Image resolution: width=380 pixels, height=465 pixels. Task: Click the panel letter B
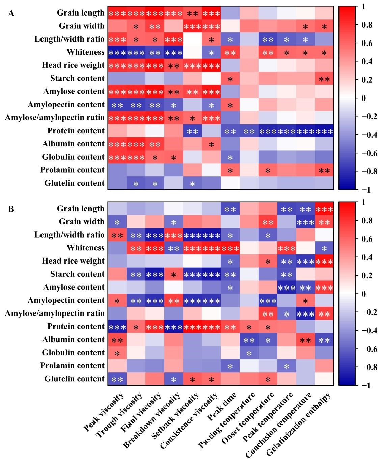click(11, 209)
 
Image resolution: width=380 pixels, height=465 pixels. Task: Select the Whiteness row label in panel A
click(85, 52)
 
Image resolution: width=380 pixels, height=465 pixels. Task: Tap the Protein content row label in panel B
click(76, 326)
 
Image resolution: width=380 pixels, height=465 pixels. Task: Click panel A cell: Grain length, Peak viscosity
click(117, 13)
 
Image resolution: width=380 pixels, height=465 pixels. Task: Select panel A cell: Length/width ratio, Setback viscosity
click(192, 39)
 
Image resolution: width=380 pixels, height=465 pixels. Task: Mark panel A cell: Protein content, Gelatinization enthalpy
click(324, 131)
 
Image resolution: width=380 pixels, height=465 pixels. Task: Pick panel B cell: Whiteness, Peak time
click(230, 248)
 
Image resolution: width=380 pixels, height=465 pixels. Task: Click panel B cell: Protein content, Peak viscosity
click(117, 326)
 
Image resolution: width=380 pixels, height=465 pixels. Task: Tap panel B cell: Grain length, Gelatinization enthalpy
click(324, 209)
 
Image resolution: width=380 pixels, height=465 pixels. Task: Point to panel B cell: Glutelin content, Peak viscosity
click(117, 379)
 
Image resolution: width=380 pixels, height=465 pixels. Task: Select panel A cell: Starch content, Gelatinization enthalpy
click(324, 78)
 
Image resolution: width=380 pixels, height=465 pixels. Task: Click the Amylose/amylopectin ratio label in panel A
click(55, 118)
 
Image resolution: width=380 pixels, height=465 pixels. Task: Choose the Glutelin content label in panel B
click(74, 379)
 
